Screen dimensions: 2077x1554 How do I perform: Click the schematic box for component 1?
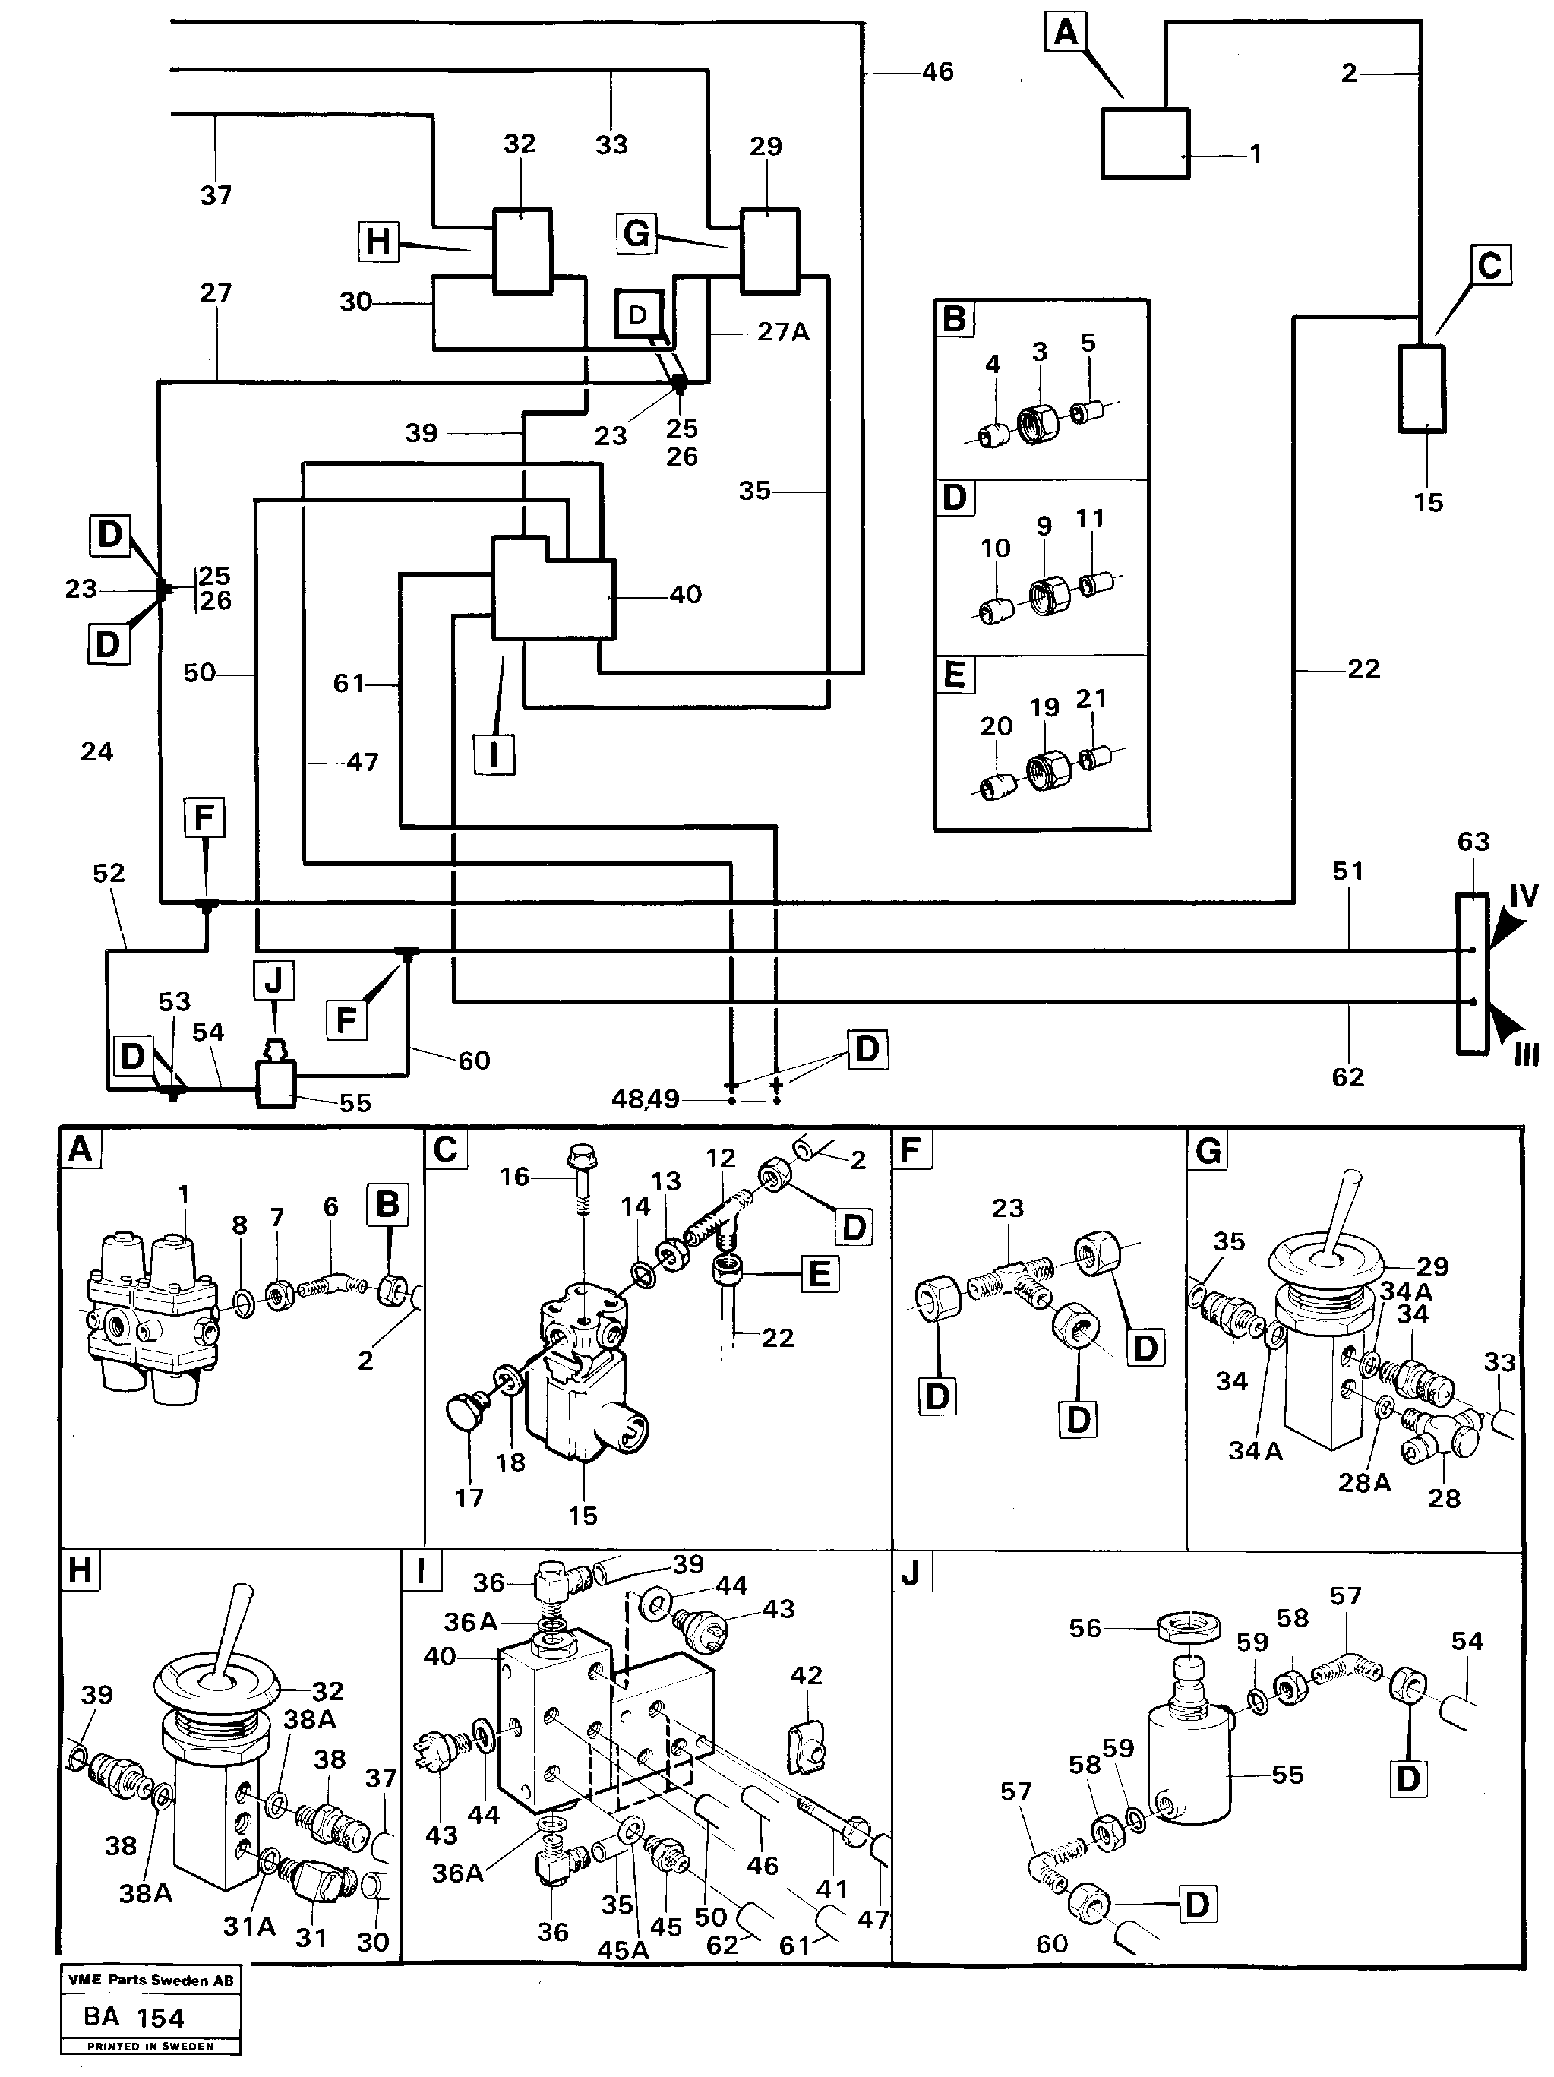click(x=1145, y=143)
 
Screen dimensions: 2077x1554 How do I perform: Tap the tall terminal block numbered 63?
click(x=1471, y=974)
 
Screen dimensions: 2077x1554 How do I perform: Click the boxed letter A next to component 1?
click(x=1066, y=33)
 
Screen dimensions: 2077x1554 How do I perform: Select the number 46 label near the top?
click(x=937, y=71)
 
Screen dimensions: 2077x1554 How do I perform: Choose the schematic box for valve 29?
click(x=770, y=251)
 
